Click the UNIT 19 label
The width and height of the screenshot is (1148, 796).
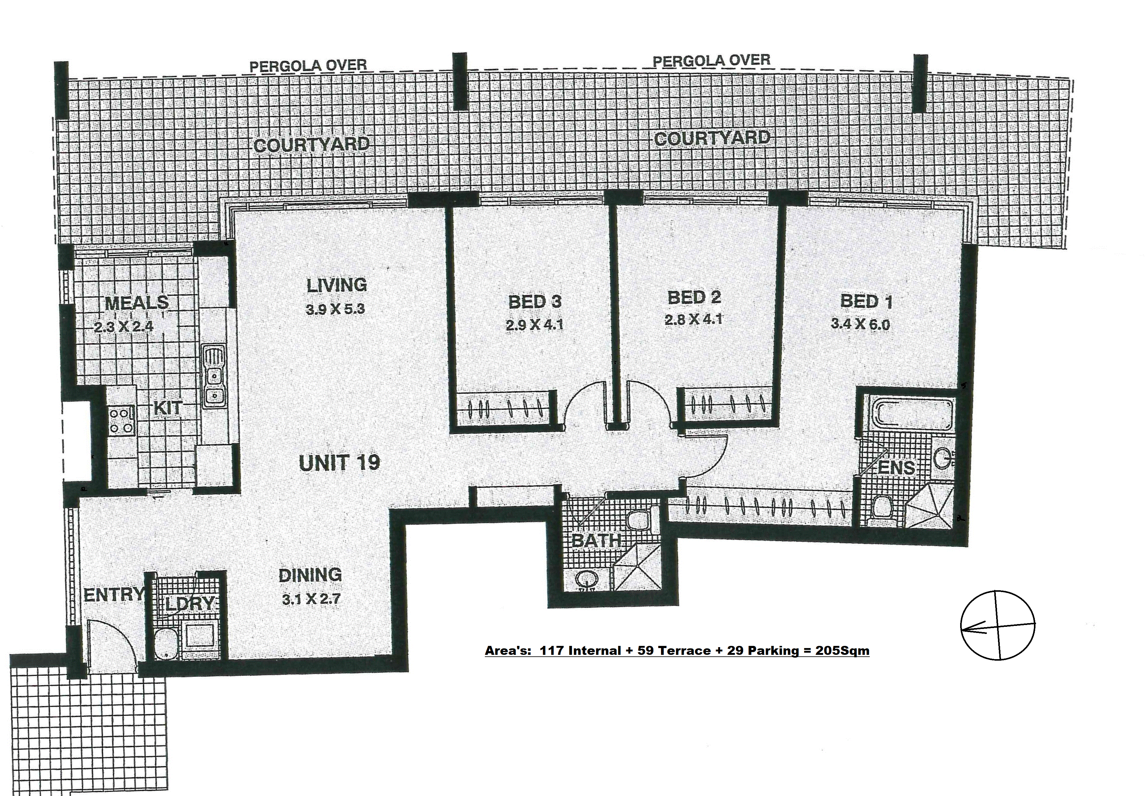(x=339, y=462)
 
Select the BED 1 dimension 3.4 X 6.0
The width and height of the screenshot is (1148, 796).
(x=860, y=325)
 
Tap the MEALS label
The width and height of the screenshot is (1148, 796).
(x=137, y=303)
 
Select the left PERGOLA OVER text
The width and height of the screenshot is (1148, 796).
(x=308, y=65)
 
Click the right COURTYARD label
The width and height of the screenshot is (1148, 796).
(x=712, y=138)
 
